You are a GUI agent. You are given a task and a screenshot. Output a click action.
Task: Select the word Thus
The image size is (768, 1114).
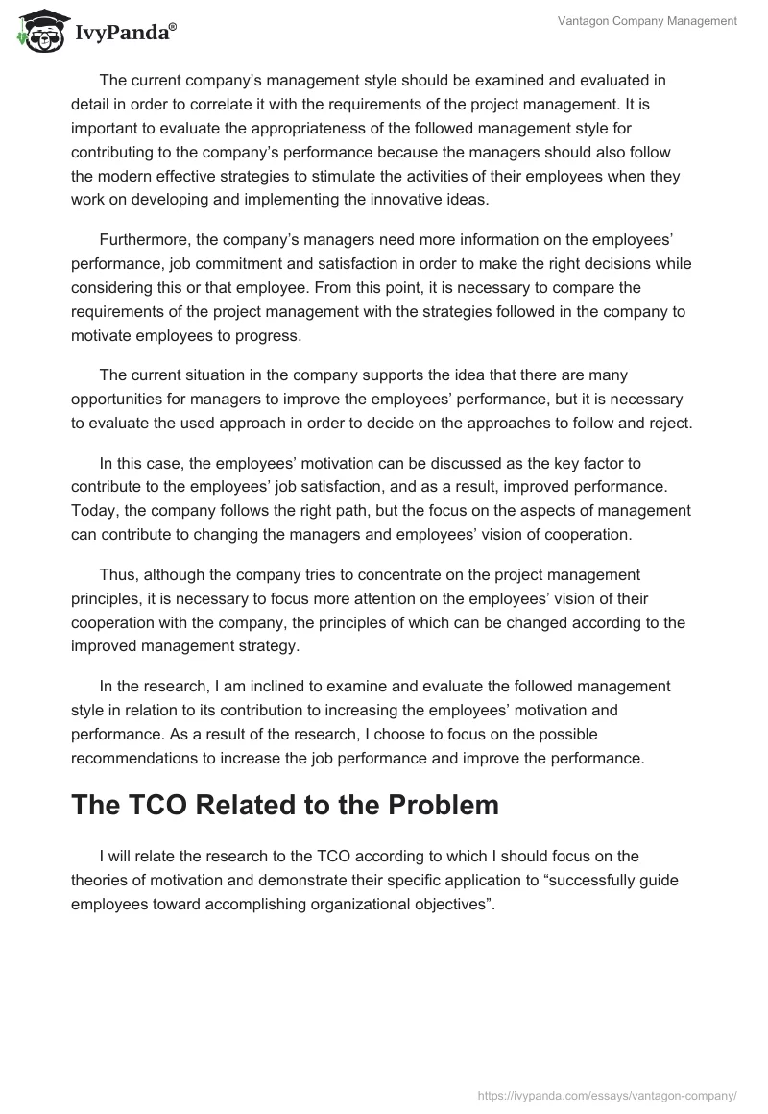(118, 574)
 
